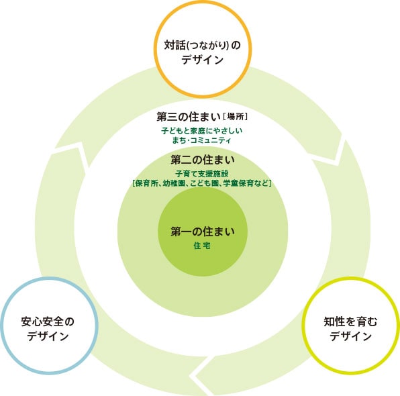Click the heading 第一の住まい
coord(203,232)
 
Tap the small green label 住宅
coord(202,246)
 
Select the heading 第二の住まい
coord(203,160)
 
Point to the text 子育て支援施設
coord(202,174)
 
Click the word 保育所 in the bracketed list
coord(147,183)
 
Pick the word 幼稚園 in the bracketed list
coord(174,183)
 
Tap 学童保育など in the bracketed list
coord(246,183)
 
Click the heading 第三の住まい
coord(189,117)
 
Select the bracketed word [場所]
coord(235,117)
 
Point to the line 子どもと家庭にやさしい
coord(202,131)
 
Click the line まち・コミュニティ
coord(201,140)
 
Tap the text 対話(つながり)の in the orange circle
coord(202,45)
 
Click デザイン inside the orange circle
coord(202,60)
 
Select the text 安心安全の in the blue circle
coord(48,321)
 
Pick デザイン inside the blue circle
coord(48,336)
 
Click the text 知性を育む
coord(350,321)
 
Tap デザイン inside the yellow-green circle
coord(350,336)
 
